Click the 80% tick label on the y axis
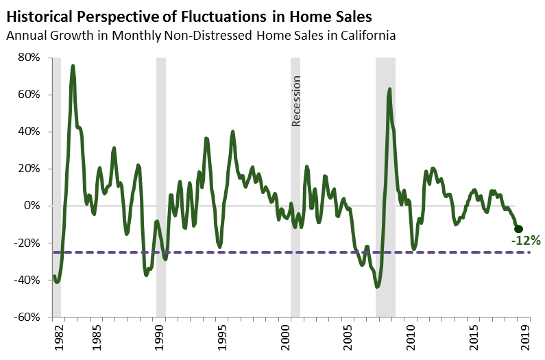tap(29, 58)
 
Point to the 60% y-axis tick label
tap(29, 95)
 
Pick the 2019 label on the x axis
tap(526, 337)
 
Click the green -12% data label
tap(526, 241)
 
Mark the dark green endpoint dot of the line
tap(518, 229)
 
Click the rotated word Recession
tap(297, 101)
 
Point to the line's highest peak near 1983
tap(73, 66)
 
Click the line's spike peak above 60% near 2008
tap(389, 89)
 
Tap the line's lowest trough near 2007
tap(377, 287)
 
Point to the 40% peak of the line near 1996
tap(232, 132)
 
